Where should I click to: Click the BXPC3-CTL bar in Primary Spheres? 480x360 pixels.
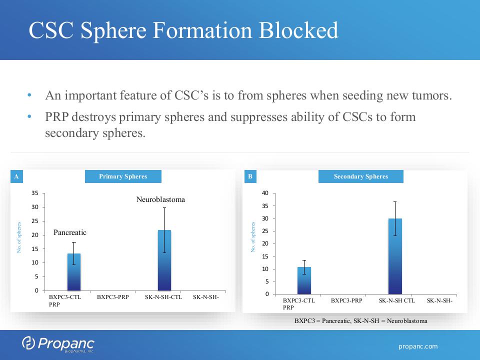pyautogui.click(x=74, y=272)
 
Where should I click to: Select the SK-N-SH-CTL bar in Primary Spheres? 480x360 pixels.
pyautogui.click(x=164, y=260)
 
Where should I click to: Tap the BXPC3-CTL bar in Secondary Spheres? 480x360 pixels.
pyautogui.click(x=304, y=280)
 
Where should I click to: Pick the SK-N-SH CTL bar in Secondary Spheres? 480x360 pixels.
pyautogui.click(x=395, y=256)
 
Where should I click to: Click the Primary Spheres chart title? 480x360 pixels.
pyautogui.click(x=123, y=176)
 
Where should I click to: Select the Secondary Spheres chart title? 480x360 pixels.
pyautogui.click(x=361, y=176)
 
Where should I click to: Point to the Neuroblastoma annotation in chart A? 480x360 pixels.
pyautogui.click(x=160, y=199)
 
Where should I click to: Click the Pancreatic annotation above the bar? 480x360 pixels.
pyautogui.click(x=70, y=232)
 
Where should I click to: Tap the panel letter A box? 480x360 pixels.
pyautogui.click(x=16, y=176)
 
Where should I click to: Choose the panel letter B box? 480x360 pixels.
pyautogui.click(x=250, y=176)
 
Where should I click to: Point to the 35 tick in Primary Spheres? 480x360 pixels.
pyautogui.click(x=35, y=193)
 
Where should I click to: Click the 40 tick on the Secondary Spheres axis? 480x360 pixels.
pyautogui.click(x=265, y=193)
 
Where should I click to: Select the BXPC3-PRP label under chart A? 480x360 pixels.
pyautogui.click(x=112, y=297)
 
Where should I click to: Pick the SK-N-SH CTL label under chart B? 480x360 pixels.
pyautogui.click(x=397, y=300)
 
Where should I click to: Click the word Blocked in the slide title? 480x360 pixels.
pyautogui.click(x=298, y=30)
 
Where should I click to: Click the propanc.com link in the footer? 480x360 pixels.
pyautogui.click(x=418, y=346)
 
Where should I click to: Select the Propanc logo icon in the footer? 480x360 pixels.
pyautogui.click(x=28, y=343)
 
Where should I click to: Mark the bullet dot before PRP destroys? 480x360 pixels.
pyautogui.click(x=29, y=116)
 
